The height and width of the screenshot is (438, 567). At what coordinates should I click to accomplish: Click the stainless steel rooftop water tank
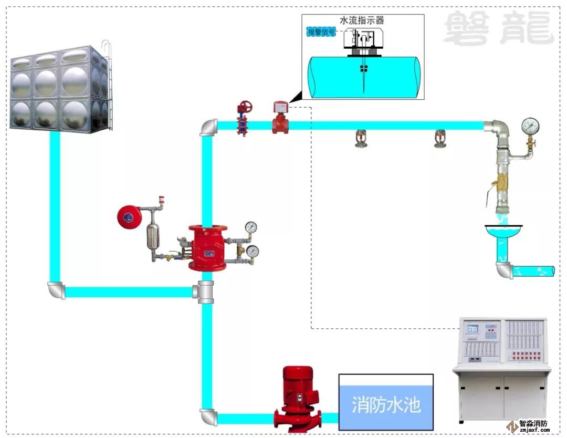[x=61, y=89]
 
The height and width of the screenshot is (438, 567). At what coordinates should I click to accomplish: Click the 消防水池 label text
[x=386, y=405]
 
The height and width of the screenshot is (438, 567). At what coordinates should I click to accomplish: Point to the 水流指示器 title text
[x=362, y=21]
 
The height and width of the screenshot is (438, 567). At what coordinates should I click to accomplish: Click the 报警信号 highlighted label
[x=321, y=32]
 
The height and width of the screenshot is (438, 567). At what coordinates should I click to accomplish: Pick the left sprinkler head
[x=360, y=140]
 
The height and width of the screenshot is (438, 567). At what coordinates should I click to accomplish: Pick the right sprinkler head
[x=439, y=140]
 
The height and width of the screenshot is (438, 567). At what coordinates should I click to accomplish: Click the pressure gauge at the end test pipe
[x=531, y=126]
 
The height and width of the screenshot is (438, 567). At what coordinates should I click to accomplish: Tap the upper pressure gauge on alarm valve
[x=251, y=227]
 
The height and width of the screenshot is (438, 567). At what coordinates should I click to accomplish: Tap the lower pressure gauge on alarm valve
[x=253, y=252]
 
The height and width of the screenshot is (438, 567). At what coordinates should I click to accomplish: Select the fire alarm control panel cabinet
[x=503, y=368]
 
